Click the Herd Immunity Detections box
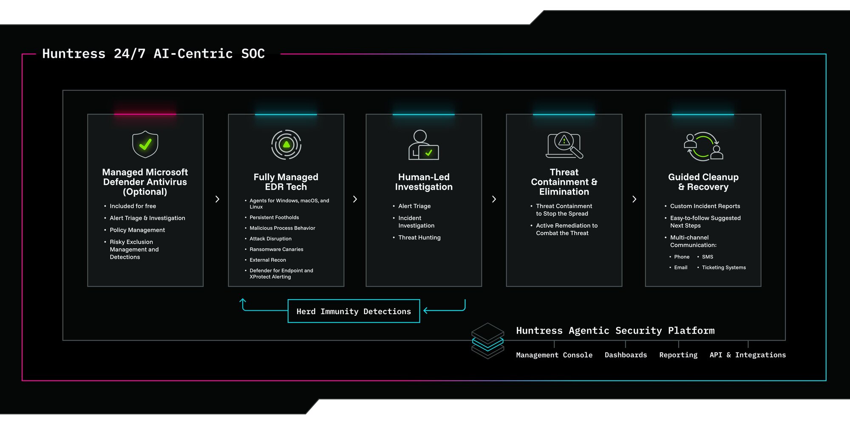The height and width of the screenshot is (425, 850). coord(354,311)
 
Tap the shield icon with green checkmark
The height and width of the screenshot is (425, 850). coord(145,144)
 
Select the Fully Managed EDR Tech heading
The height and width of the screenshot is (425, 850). coord(286,182)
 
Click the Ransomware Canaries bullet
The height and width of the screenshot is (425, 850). coord(276,249)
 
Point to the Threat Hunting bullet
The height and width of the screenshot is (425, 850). coord(419,238)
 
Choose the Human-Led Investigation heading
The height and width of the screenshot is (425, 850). coord(424,182)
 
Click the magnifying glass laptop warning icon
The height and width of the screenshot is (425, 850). coord(564,145)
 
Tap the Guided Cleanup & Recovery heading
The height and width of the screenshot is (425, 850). coord(703,182)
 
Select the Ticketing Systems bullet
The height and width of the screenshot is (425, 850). coord(724,267)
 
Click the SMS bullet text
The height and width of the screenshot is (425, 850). coord(708,257)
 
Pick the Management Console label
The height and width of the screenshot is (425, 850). coord(554,355)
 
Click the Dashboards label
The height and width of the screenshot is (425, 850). coord(626,355)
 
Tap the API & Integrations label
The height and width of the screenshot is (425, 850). coord(748,355)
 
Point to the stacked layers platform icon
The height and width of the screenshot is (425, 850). coord(488,341)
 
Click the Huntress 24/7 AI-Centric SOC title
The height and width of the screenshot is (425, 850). coord(153,54)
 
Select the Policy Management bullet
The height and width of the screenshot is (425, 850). coord(137,230)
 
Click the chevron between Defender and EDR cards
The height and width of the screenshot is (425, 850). coord(217,199)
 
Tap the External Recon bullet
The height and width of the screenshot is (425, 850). coord(268,260)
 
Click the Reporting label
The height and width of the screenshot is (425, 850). coord(678,355)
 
